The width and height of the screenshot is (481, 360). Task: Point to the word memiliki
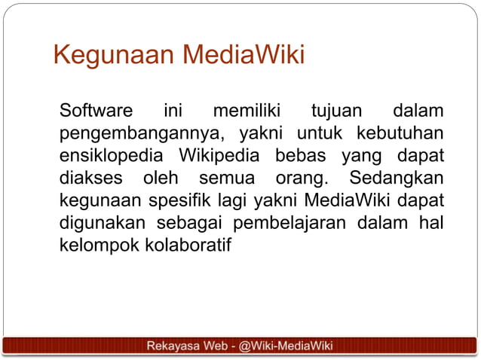[246, 113]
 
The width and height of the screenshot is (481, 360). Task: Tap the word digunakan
[101, 224]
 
